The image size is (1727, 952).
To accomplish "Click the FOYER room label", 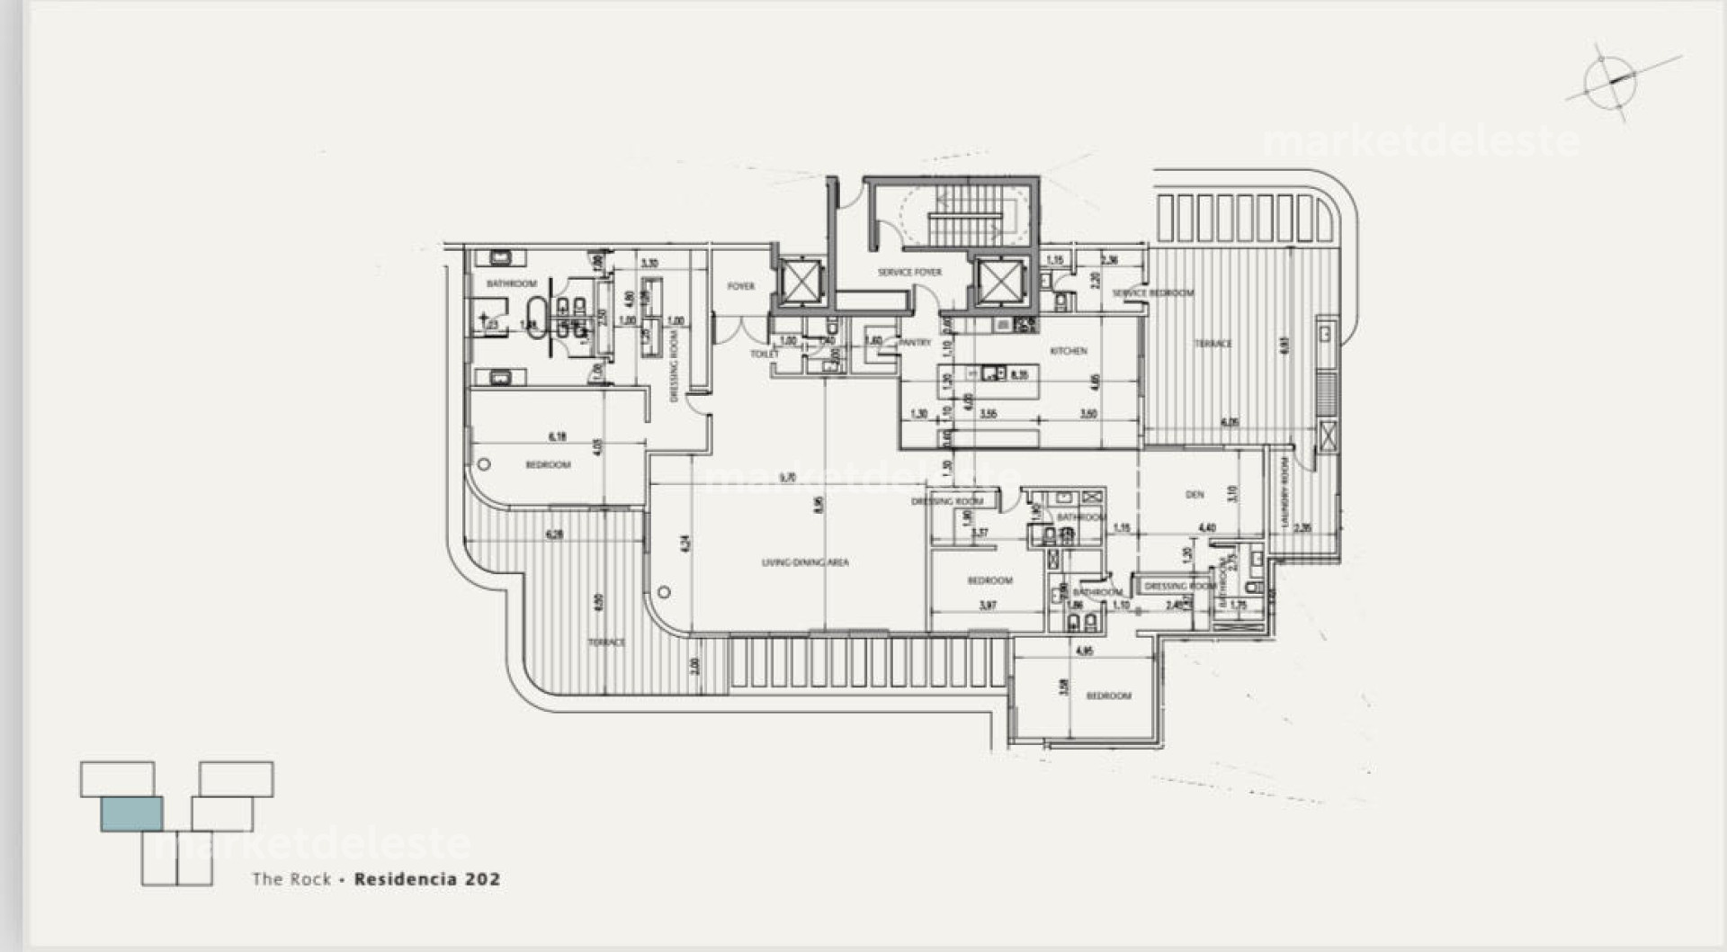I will pos(741,286).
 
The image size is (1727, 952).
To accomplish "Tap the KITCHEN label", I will pos(1069,351).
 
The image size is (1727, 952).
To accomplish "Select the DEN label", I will pos(1195,495).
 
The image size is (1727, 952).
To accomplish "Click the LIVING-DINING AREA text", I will pos(805,562).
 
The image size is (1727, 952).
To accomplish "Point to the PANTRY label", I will pos(915,343).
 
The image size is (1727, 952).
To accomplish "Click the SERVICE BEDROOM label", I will pos(1153,293).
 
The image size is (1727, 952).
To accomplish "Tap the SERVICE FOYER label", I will pos(909,272).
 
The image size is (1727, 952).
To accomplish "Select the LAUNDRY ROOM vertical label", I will pos(1285,493).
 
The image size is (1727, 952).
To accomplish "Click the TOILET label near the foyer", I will pos(764,355).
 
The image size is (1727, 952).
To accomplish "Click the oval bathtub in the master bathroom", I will pos(536,319).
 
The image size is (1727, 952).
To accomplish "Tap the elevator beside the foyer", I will pos(798,282).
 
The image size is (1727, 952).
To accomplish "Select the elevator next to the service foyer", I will pos(1002,282).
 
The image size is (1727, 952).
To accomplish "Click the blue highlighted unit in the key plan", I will pos(131,813).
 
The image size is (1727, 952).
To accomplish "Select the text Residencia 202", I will pos(426,879).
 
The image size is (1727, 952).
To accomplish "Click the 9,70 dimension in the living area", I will pos(788,478).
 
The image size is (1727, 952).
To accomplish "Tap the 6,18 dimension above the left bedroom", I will pos(558,436).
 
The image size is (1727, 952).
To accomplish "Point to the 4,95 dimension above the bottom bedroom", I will pos(1085,651).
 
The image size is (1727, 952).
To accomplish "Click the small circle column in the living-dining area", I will pos(664,592).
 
